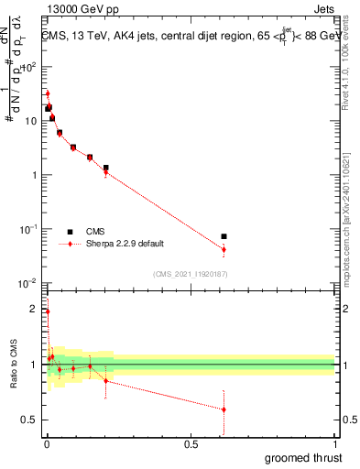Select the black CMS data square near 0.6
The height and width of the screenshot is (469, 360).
point(224,236)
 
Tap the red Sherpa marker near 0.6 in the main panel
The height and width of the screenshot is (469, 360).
point(224,249)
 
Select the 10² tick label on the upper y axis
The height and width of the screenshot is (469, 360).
point(29,67)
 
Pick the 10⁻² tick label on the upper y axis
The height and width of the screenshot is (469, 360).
point(28,283)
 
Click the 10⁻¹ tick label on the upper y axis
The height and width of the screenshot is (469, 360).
point(28,229)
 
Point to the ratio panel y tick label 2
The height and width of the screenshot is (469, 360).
point(34,309)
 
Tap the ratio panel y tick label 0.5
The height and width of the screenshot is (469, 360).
point(30,420)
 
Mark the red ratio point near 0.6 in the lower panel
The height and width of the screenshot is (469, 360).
point(224,409)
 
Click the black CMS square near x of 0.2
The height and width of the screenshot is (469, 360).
point(106,168)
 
